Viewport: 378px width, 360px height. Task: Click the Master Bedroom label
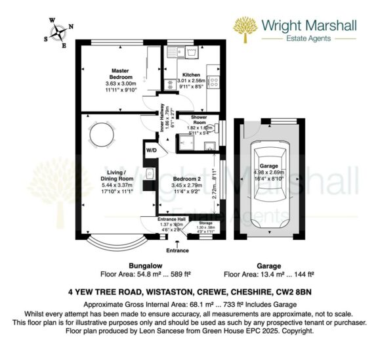click(x=119, y=74)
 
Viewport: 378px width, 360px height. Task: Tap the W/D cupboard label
click(x=151, y=150)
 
